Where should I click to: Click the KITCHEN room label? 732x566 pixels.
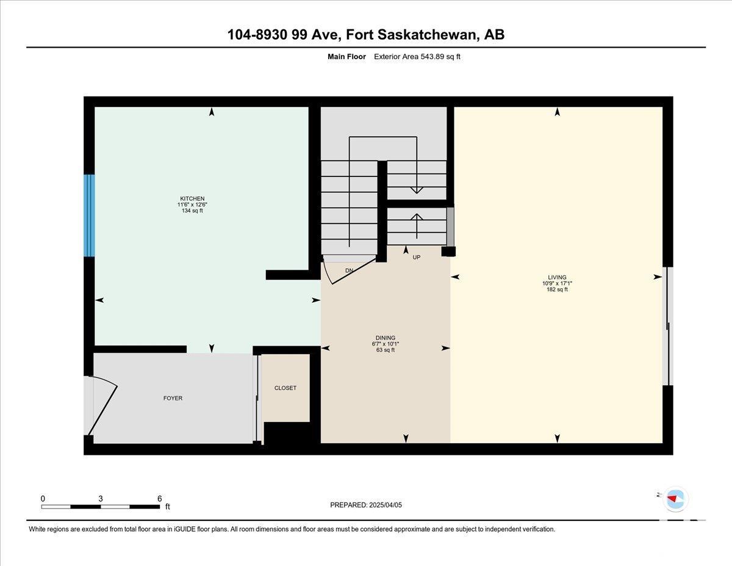pyautogui.click(x=192, y=198)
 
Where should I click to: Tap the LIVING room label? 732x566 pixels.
pyautogui.click(x=557, y=277)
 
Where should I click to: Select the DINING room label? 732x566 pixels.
pyautogui.click(x=386, y=338)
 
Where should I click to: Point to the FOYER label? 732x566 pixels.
pyautogui.click(x=173, y=398)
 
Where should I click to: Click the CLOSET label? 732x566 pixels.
pyautogui.click(x=285, y=388)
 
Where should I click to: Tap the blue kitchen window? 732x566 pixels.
pyautogui.click(x=89, y=216)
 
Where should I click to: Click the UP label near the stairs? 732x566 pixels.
pyautogui.click(x=417, y=257)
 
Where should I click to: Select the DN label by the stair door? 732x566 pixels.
pyautogui.click(x=350, y=270)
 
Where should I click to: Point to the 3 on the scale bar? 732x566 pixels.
pyautogui.click(x=101, y=499)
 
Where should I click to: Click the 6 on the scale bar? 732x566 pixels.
pyautogui.click(x=159, y=499)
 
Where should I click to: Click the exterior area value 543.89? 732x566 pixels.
pyautogui.click(x=433, y=57)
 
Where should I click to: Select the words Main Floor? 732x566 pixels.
pyautogui.click(x=346, y=57)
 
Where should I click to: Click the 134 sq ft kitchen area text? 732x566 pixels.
pyautogui.click(x=192, y=211)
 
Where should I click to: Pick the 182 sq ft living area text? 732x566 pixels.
pyautogui.click(x=557, y=289)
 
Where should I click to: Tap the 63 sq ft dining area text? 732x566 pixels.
pyautogui.click(x=386, y=350)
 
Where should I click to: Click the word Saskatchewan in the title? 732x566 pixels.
pyautogui.click(x=427, y=35)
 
